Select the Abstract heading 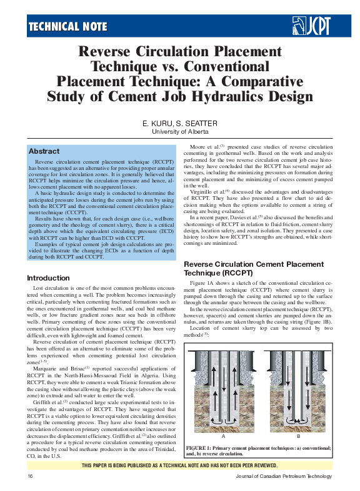coord(44,151)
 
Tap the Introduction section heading coord(48,277)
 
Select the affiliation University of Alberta coord(179,132)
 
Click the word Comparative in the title coord(256,81)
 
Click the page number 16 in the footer coord(30,476)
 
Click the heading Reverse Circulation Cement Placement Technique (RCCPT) coord(254,269)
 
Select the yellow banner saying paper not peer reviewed coord(180,465)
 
